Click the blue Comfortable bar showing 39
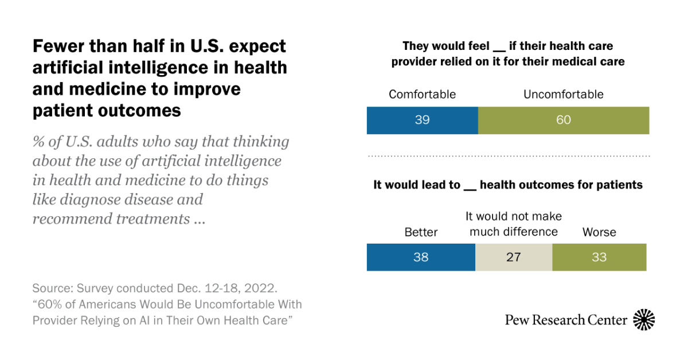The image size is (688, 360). (422, 120)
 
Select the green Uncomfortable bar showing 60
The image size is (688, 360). (564, 120)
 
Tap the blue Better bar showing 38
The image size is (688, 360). (421, 257)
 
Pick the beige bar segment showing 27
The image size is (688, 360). (514, 257)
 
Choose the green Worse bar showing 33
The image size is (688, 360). (599, 257)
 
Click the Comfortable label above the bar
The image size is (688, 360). (422, 94)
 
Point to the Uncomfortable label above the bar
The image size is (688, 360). (564, 94)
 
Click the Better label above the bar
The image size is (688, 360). (421, 232)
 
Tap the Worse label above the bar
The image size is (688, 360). (599, 232)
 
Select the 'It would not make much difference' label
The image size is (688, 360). (514, 224)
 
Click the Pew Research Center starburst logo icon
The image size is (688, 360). (644, 320)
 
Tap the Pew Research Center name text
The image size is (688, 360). (566, 320)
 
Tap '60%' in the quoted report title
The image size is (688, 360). (49, 304)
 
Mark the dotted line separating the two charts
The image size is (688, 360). (508, 156)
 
